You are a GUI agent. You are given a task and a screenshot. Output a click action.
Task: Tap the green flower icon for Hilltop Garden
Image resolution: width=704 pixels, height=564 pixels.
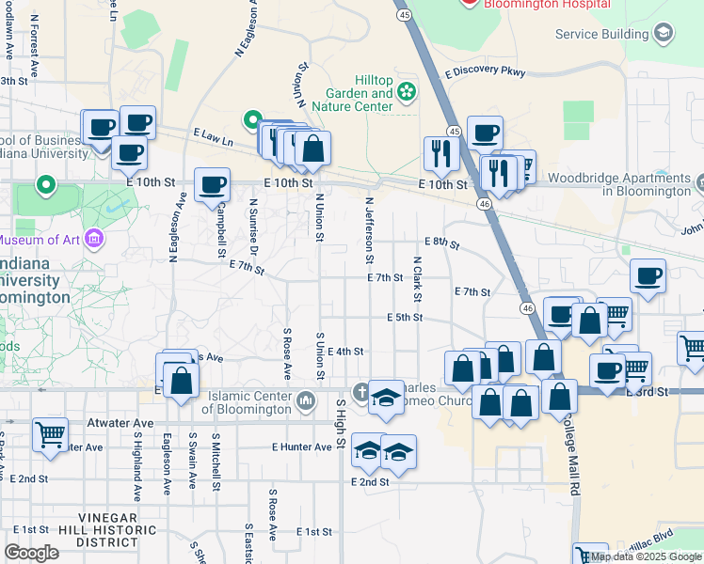click(x=406, y=92)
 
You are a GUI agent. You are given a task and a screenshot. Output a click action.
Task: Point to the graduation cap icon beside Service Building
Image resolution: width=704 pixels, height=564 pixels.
click(x=664, y=35)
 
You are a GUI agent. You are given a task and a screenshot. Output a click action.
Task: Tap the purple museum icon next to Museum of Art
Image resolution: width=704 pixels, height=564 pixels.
click(x=92, y=239)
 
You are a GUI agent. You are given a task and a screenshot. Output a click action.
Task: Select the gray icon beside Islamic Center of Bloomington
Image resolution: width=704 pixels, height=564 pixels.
click(x=305, y=402)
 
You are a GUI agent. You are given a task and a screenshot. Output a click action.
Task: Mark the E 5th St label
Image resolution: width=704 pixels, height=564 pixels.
click(x=404, y=318)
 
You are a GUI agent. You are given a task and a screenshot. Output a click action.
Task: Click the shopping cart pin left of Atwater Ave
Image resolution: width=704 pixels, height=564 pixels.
click(x=50, y=434)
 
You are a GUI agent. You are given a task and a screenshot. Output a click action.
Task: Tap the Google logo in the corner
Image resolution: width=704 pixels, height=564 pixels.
click(x=31, y=553)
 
